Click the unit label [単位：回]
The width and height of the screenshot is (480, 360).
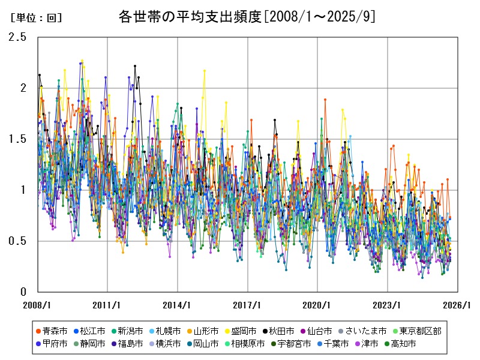point(36,18)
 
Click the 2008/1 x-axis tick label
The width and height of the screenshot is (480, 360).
point(37,305)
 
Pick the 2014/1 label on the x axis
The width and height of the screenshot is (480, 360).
point(178,305)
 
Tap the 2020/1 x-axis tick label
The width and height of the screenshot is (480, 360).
point(317,305)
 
